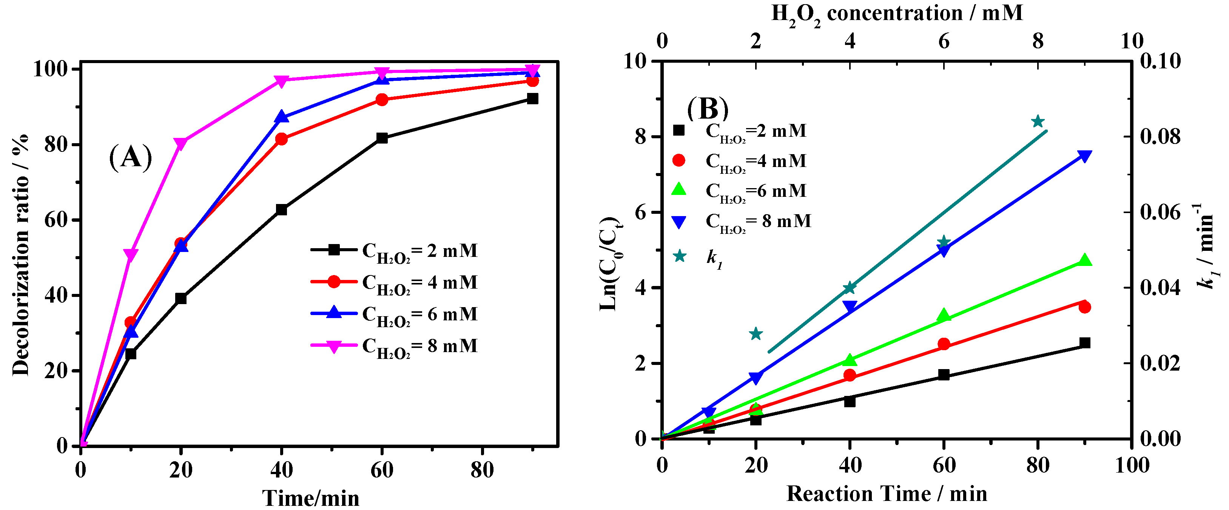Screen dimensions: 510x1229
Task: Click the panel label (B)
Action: (x=708, y=108)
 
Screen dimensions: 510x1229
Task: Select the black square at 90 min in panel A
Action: (x=532, y=99)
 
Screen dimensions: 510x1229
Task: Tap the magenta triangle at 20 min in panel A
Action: (x=181, y=144)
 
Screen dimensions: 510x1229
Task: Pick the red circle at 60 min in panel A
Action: (x=382, y=100)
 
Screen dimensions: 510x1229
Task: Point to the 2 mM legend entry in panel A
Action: (x=393, y=251)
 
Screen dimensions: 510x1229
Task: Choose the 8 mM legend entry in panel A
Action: (x=393, y=346)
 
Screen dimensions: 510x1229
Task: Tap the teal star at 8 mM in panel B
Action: (x=1037, y=122)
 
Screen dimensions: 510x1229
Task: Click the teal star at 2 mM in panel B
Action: (x=755, y=334)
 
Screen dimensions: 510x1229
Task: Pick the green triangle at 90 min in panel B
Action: (x=1084, y=260)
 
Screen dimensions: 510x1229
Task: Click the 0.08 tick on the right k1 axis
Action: (x=1160, y=138)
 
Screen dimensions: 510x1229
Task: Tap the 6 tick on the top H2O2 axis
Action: (x=944, y=42)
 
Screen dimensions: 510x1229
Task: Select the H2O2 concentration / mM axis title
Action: (x=897, y=13)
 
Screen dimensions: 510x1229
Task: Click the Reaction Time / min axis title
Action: (x=887, y=494)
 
